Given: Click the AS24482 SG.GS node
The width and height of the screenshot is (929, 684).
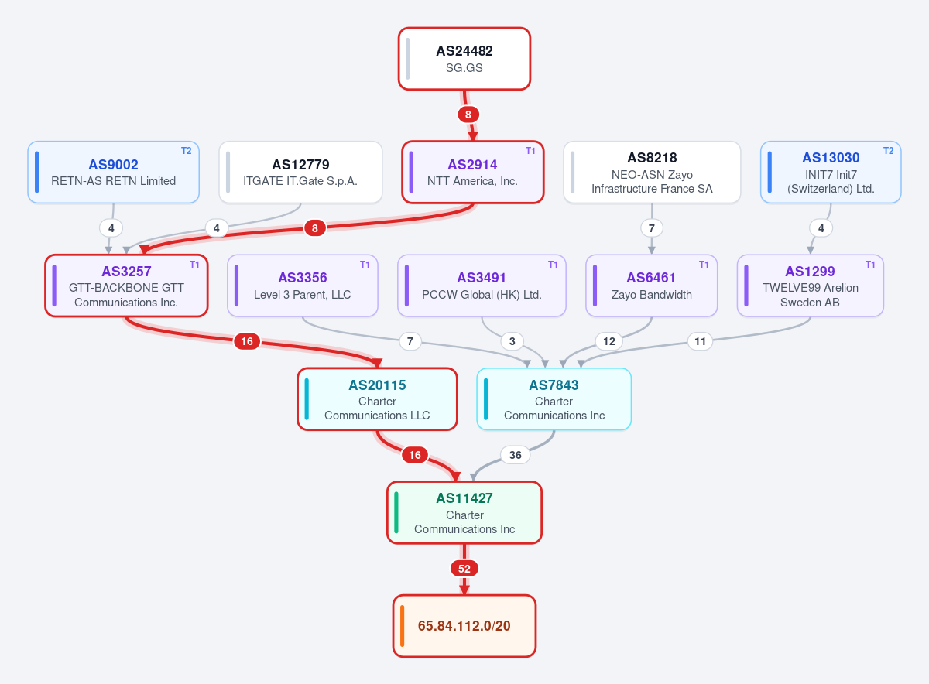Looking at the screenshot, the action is pos(464,59).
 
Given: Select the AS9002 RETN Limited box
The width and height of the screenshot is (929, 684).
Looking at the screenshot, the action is pos(113,172).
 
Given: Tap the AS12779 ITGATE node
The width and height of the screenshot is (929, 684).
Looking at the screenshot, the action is pos(300,172).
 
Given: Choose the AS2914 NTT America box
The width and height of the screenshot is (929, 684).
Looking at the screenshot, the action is pos(472,172).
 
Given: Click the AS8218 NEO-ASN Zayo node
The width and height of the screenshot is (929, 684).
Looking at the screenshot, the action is pos(652,172).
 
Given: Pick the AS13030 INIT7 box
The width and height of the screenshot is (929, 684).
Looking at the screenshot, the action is pos(830,172).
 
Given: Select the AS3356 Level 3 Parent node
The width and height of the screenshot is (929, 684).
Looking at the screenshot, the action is pos(303,286).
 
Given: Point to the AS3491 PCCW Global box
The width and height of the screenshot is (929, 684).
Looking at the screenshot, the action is pos(482,286).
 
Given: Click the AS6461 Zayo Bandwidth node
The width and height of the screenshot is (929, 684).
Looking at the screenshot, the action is pos(651,286).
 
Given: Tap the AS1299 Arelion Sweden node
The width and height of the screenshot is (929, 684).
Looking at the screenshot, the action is pos(810,286).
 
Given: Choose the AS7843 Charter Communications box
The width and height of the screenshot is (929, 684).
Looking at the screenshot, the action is pos(554,398).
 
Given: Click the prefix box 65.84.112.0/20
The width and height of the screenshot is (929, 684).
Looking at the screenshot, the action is pos(464,626).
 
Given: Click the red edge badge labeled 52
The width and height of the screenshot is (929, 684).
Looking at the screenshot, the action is pos(464,569).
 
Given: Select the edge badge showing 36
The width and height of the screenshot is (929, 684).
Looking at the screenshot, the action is pos(515,455).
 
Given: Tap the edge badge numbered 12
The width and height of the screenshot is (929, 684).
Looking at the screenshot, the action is pos(608,341).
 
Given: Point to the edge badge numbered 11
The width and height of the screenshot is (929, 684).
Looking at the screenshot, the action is pos(700,341).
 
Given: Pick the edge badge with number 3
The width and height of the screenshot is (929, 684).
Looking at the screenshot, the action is pos(512,341).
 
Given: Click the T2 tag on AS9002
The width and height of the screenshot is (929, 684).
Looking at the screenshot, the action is pos(187,151).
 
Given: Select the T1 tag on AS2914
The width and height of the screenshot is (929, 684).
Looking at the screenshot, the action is pos(530,151).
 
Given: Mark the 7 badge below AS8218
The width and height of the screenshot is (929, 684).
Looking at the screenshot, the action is pos(652,228).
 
